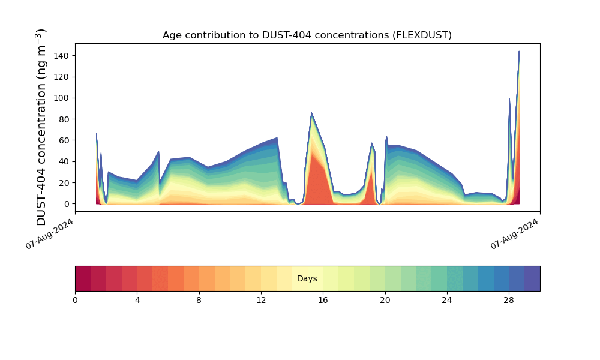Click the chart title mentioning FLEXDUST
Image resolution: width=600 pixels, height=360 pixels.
pyautogui.click(x=307, y=35)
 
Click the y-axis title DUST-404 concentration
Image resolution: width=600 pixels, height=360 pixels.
pyautogui.click(x=41, y=127)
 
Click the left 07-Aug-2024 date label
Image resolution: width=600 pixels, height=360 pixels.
pyautogui.click(x=50, y=233)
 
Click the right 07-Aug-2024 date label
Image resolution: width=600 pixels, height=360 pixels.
pyautogui.click(x=515, y=233)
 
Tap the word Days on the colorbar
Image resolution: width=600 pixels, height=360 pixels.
pyautogui.click(x=307, y=279)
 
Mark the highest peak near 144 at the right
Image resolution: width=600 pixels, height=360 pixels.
pyautogui.click(x=519, y=52)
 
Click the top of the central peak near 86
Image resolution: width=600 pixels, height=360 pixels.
pyautogui.click(x=311, y=113)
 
